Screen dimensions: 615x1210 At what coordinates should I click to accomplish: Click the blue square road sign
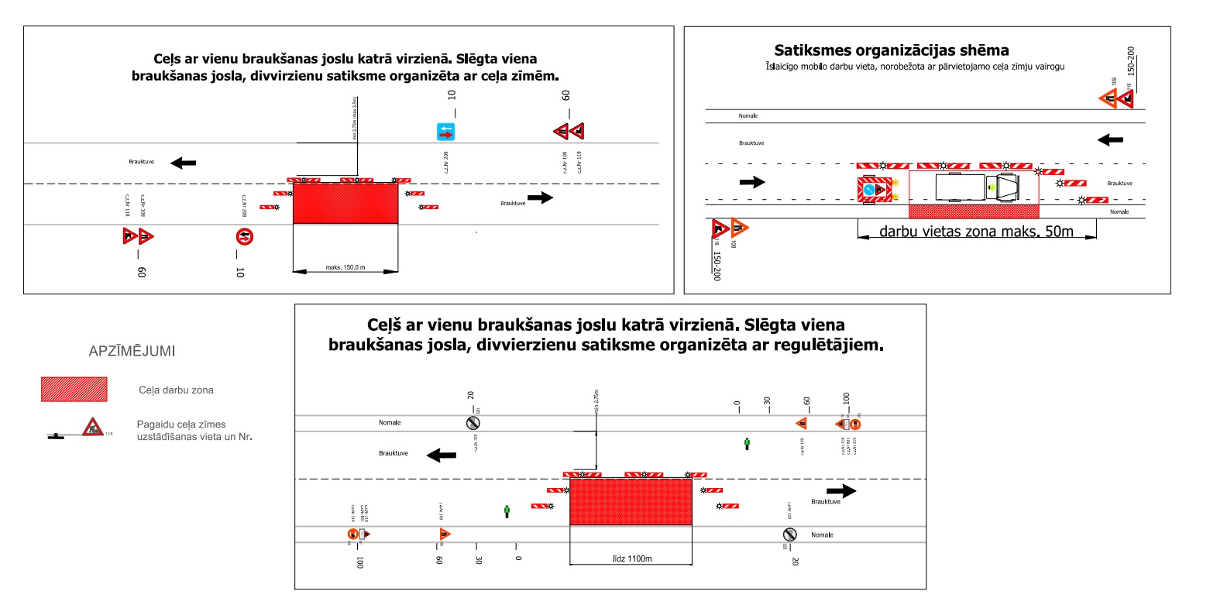pyautogui.click(x=445, y=132)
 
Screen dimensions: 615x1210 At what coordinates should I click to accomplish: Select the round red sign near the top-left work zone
pyautogui.click(x=245, y=236)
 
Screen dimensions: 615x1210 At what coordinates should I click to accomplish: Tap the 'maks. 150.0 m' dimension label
pyautogui.click(x=345, y=268)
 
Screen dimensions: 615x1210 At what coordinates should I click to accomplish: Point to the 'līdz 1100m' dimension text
pyautogui.click(x=630, y=559)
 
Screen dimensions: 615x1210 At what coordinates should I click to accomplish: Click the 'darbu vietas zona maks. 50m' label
pyautogui.click(x=976, y=231)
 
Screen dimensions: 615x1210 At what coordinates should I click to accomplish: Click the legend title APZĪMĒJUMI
pyautogui.click(x=133, y=352)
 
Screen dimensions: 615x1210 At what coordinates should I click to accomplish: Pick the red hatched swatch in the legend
pyautogui.click(x=74, y=390)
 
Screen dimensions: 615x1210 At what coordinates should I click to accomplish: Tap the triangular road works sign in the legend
pyautogui.click(x=92, y=426)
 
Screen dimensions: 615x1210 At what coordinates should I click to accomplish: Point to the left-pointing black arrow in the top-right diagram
pyautogui.click(x=1111, y=139)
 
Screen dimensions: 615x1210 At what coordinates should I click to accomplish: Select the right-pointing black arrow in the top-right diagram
pyautogui.click(x=752, y=182)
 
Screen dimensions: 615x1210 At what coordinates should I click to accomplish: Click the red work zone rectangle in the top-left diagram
pyautogui.click(x=345, y=203)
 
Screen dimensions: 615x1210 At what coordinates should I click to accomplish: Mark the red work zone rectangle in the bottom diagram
pyautogui.click(x=631, y=501)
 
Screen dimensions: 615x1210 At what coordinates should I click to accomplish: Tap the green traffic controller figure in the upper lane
pyautogui.click(x=747, y=444)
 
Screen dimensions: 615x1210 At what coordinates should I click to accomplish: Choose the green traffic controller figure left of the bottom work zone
pyautogui.click(x=507, y=511)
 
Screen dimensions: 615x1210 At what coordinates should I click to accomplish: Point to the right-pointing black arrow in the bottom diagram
pyautogui.click(x=841, y=491)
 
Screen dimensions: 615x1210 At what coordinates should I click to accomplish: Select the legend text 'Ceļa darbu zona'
pyautogui.click(x=182, y=390)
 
